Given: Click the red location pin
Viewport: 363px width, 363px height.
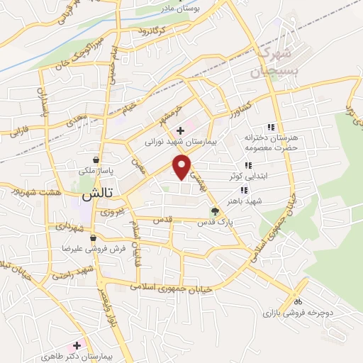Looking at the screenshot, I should click(182, 167).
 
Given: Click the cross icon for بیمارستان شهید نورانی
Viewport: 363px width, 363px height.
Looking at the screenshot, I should click(181, 130).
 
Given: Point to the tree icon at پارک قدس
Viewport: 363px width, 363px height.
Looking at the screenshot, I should click(215, 211).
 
